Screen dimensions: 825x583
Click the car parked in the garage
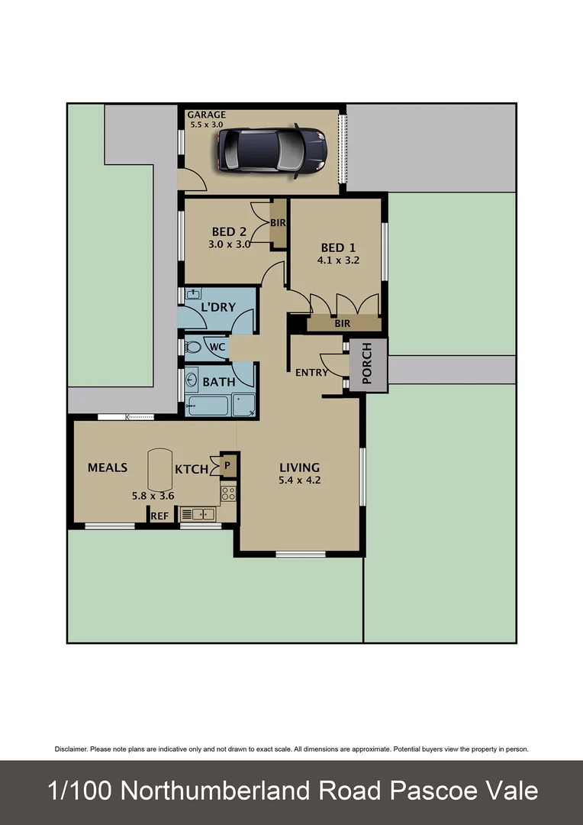coord(272,150)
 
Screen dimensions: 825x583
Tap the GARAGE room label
coord(207,115)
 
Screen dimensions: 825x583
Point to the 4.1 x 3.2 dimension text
coord(338,260)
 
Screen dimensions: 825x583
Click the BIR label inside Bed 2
coord(278,222)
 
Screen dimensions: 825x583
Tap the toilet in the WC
coord(194,348)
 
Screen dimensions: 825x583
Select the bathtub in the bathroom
coord(208,405)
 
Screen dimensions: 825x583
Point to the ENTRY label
coord(311,373)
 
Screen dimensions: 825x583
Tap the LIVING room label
coord(299,467)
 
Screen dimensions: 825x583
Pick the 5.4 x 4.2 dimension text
coord(299,481)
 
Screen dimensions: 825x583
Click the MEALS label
coord(107,467)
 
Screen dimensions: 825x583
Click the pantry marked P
coord(227,465)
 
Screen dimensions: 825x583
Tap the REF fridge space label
coord(159,516)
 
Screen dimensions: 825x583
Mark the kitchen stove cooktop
coord(227,493)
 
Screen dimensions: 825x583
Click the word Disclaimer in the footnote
coord(71,749)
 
